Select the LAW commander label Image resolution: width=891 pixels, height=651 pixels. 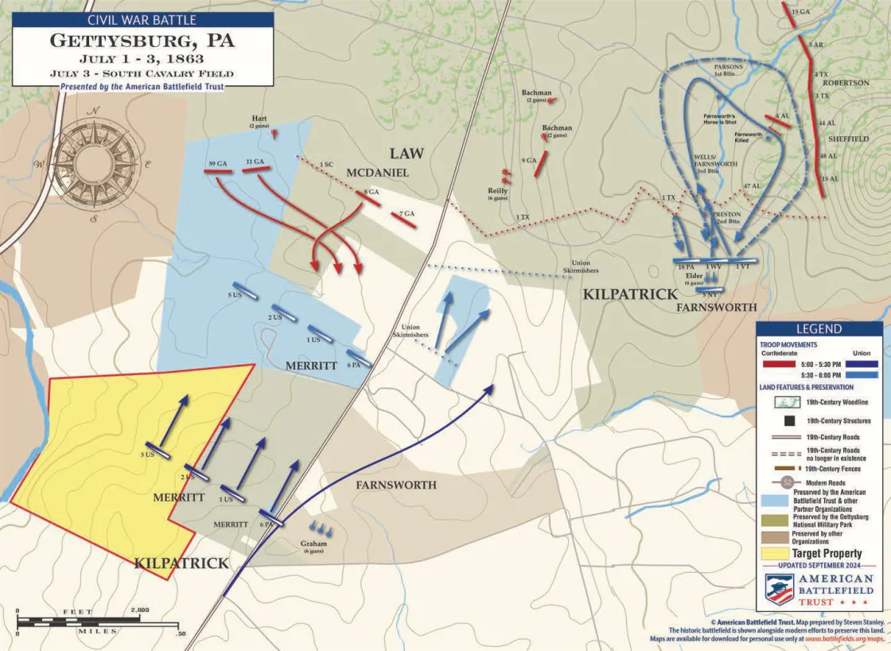tap(406, 153)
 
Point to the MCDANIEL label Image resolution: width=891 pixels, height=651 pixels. tap(377, 173)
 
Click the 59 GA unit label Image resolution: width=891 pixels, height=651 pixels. tap(218, 163)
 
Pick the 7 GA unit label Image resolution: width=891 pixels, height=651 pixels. tap(407, 213)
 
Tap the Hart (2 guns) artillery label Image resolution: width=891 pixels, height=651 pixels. tap(259, 122)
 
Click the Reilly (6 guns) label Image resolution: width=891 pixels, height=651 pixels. tap(497, 193)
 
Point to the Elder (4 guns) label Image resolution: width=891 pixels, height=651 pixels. tap(695, 279)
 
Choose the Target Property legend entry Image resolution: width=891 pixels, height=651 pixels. tap(827, 553)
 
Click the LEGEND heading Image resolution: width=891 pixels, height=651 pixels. tap(819, 329)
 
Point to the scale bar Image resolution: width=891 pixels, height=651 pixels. tap(100, 619)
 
